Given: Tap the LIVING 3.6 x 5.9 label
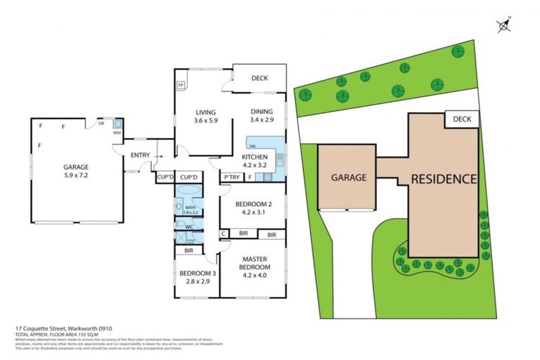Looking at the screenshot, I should tap(205, 117).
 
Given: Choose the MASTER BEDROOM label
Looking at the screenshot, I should tap(254, 267).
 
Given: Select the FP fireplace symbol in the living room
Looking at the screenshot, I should tap(181, 85).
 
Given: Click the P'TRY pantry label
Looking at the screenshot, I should tap(231, 177).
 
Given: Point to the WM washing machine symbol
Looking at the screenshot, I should tap(117, 132).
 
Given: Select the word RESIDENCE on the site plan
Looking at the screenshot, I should tap(444, 179).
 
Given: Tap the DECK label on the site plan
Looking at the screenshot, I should tap(462, 120).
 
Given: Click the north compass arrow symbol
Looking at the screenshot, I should tap(503, 26).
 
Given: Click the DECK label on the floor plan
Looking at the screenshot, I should tap(259, 79).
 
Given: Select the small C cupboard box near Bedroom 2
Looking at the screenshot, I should tap(224, 234).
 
